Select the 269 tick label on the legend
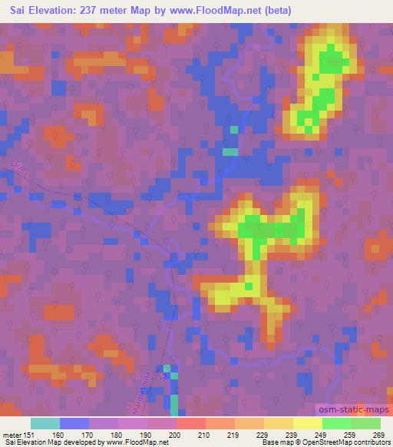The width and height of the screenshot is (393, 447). [x=378, y=434]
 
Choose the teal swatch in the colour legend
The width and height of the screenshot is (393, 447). [x=45, y=423]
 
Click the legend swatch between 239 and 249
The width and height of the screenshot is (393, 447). [x=308, y=423]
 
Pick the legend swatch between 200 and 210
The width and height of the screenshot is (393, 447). [x=191, y=423]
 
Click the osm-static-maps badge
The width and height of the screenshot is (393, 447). [x=352, y=411]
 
